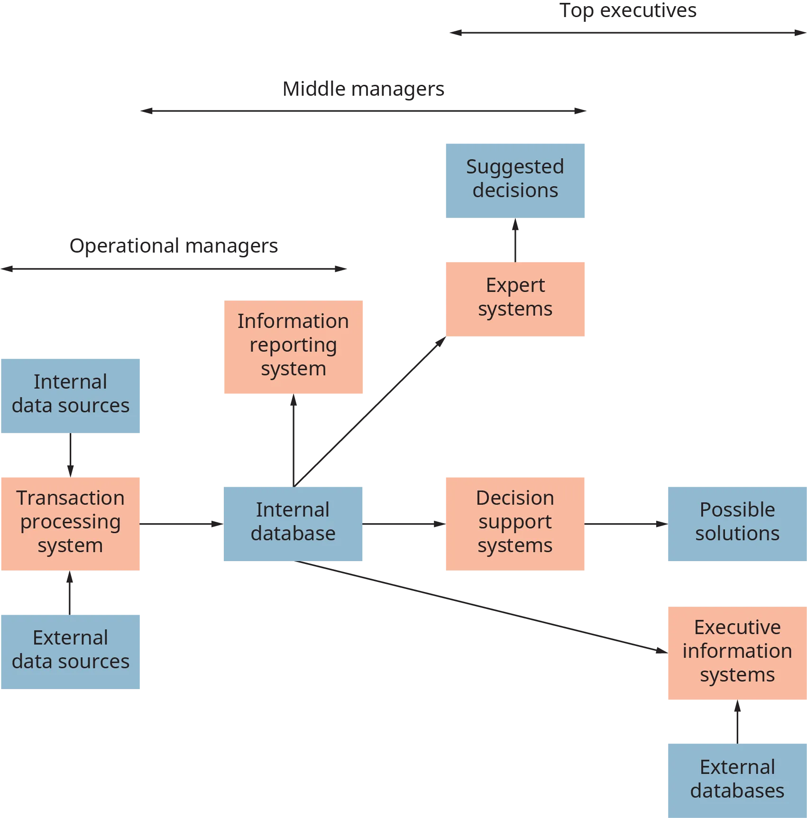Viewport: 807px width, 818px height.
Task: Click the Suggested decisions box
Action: point(515,180)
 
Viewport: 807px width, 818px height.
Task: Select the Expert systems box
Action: point(515,299)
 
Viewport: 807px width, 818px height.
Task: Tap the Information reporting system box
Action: point(293,346)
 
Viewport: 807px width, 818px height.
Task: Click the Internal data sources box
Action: point(70,395)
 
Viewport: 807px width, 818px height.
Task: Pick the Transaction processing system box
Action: point(70,522)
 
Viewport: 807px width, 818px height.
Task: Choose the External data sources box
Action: point(70,651)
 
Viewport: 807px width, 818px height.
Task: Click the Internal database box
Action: point(293,522)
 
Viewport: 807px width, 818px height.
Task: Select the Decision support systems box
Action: point(515,522)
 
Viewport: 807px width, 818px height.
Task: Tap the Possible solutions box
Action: point(737,522)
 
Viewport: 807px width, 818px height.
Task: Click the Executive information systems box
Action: point(737,653)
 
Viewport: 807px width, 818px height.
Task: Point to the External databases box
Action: point(737,780)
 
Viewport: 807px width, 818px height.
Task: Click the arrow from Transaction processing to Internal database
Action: point(181,524)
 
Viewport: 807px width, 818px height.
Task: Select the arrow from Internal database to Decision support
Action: point(403,524)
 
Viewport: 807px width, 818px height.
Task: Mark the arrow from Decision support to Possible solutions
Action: point(626,524)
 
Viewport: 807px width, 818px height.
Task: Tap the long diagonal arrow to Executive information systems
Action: point(479,607)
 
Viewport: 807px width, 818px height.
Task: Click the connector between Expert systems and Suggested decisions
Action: point(516,240)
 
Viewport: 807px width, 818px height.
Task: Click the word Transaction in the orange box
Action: point(70,498)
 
